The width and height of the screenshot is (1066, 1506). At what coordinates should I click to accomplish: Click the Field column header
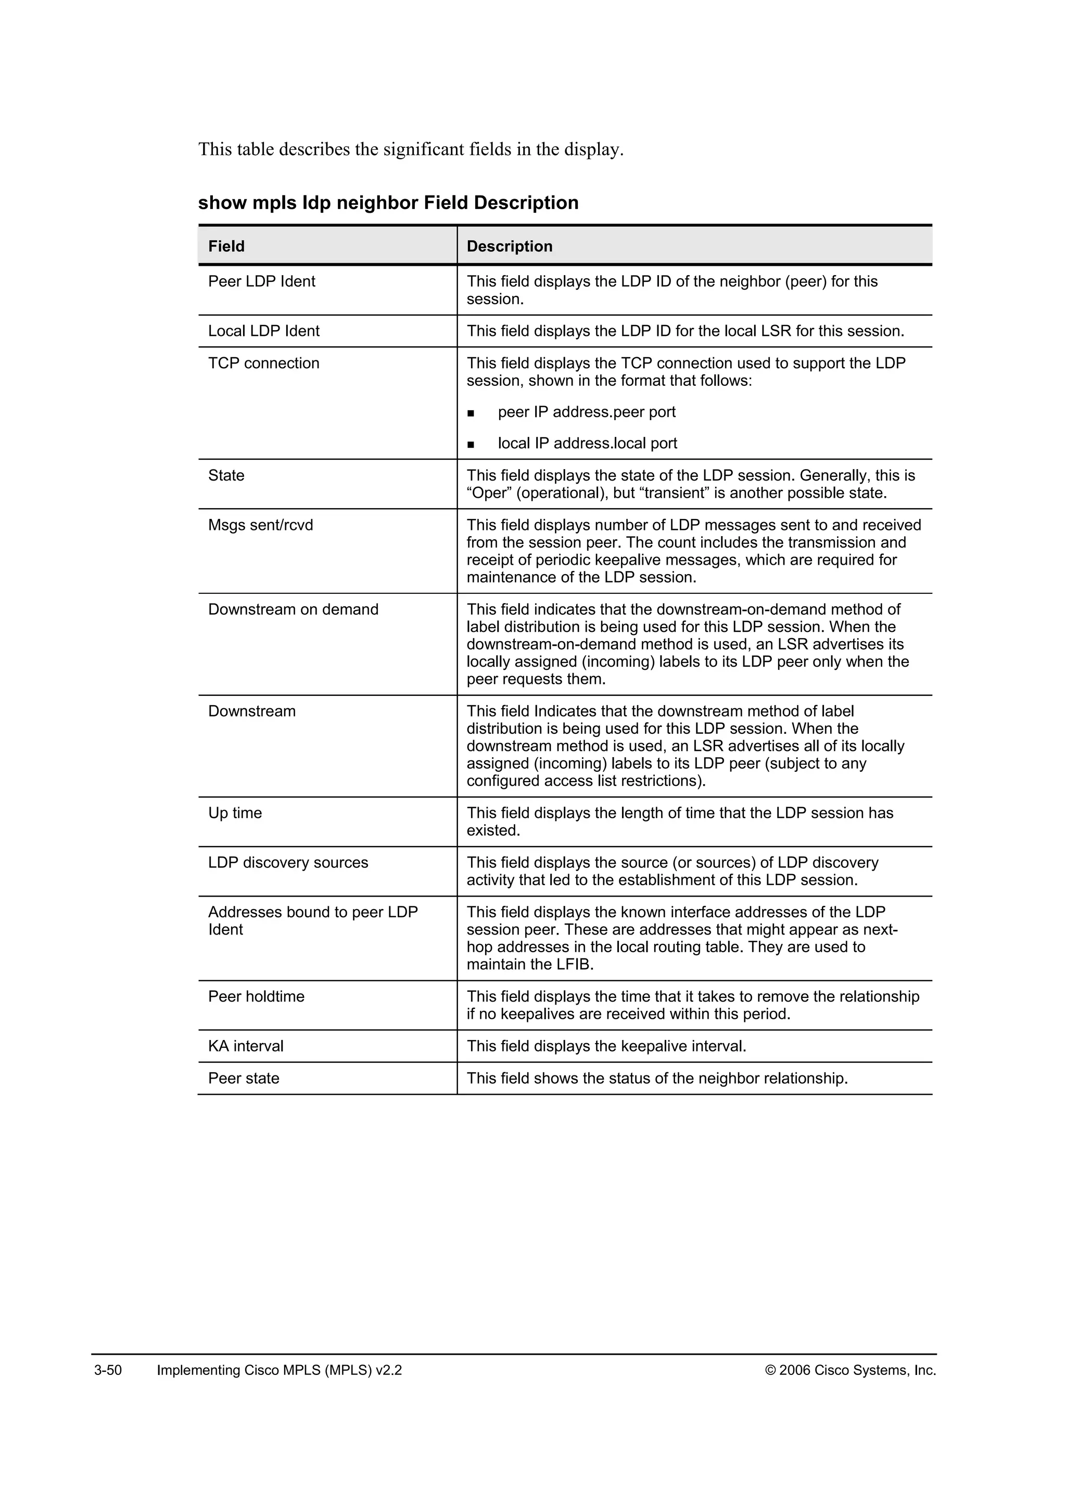click(226, 246)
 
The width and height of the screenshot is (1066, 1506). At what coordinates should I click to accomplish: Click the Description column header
click(510, 246)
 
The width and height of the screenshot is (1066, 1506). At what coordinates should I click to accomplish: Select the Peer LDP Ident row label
click(261, 281)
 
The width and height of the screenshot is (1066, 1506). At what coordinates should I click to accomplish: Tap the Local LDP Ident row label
click(263, 331)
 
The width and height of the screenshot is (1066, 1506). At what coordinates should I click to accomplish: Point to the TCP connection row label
click(263, 363)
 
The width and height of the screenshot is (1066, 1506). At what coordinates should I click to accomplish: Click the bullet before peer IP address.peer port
click(470, 413)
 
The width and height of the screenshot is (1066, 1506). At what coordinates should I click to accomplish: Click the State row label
click(226, 475)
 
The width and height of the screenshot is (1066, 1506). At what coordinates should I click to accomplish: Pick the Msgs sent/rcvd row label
click(261, 525)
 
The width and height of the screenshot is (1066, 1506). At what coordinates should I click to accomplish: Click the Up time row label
click(234, 813)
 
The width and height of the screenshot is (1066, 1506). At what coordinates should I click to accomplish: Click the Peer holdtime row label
click(256, 996)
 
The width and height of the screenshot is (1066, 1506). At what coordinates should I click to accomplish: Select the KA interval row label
click(246, 1046)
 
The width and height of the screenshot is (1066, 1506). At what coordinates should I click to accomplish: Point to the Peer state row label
click(244, 1079)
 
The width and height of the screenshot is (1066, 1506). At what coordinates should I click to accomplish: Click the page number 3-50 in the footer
click(108, 1370)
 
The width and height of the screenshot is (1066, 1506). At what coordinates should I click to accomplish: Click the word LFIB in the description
click(575, 965)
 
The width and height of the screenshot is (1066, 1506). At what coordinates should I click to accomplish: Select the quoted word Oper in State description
click(489, 494)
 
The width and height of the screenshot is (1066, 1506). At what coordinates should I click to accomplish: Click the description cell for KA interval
click(606, 1046)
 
